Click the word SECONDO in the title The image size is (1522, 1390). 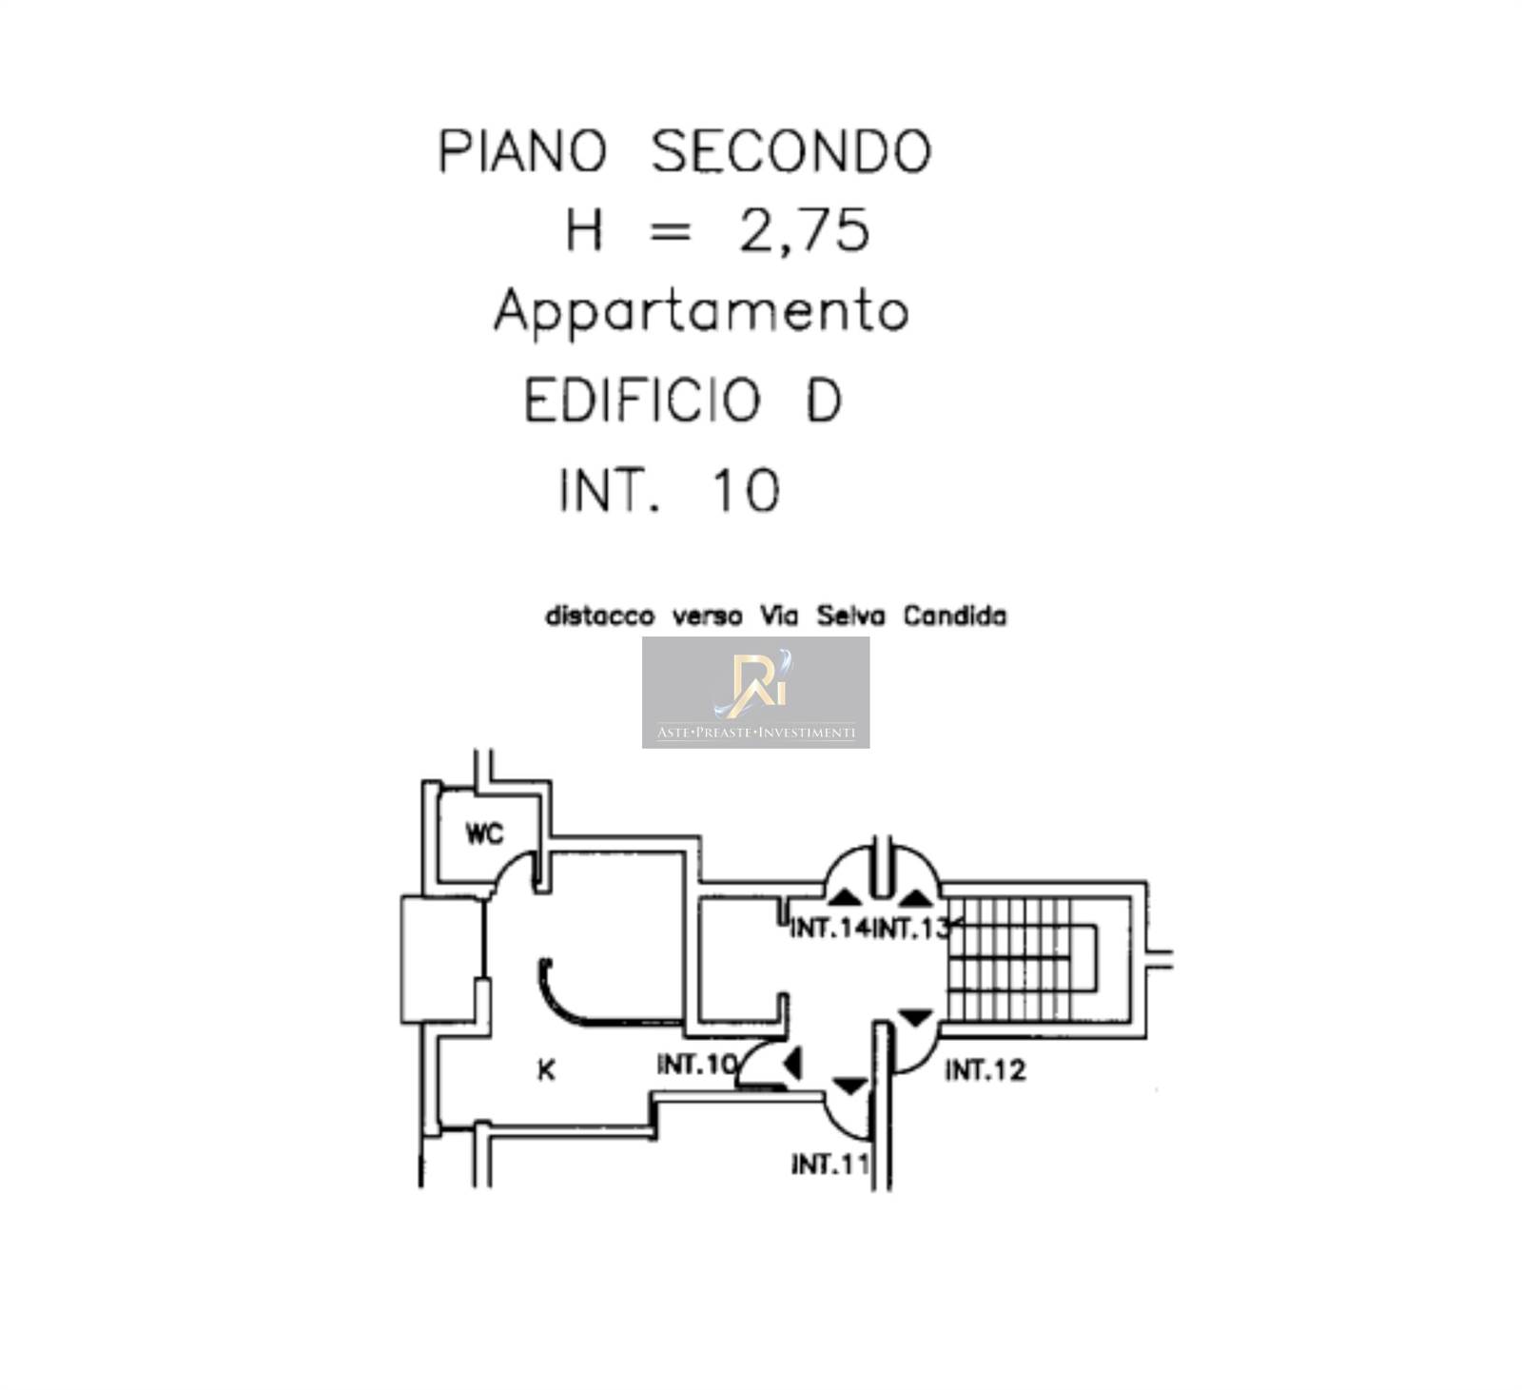(790, 152)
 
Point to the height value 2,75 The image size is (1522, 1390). (804, 231)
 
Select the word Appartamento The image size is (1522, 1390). (701, 312)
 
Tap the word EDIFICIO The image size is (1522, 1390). (643, 401)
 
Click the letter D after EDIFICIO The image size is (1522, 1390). (824, 401)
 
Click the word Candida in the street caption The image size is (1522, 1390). (954, 617)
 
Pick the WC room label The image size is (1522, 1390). (484, 834)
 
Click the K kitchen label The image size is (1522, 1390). (546, 1071)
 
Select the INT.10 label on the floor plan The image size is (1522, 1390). (696, 1065)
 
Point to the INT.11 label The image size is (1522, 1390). (829, 1164)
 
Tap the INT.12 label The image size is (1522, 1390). (985, 1071)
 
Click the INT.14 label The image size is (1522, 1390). (829, 928)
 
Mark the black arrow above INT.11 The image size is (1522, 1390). (849, 1086)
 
